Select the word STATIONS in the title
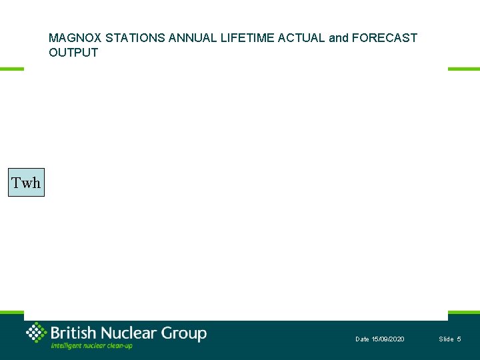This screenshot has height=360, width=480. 135,38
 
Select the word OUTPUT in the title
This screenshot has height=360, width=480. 73,53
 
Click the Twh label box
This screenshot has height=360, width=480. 26,183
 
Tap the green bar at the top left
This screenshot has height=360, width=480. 12,69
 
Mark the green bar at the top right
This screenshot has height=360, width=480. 463,69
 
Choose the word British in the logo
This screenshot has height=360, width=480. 73,333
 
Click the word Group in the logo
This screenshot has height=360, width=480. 184,333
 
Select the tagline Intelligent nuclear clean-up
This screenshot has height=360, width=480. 91,345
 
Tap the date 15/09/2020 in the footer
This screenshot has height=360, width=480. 387,339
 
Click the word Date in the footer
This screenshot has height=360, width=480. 362,339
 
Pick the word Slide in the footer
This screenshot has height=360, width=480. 446,339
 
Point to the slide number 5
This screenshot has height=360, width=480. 459,339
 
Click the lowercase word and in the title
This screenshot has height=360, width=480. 338,38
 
